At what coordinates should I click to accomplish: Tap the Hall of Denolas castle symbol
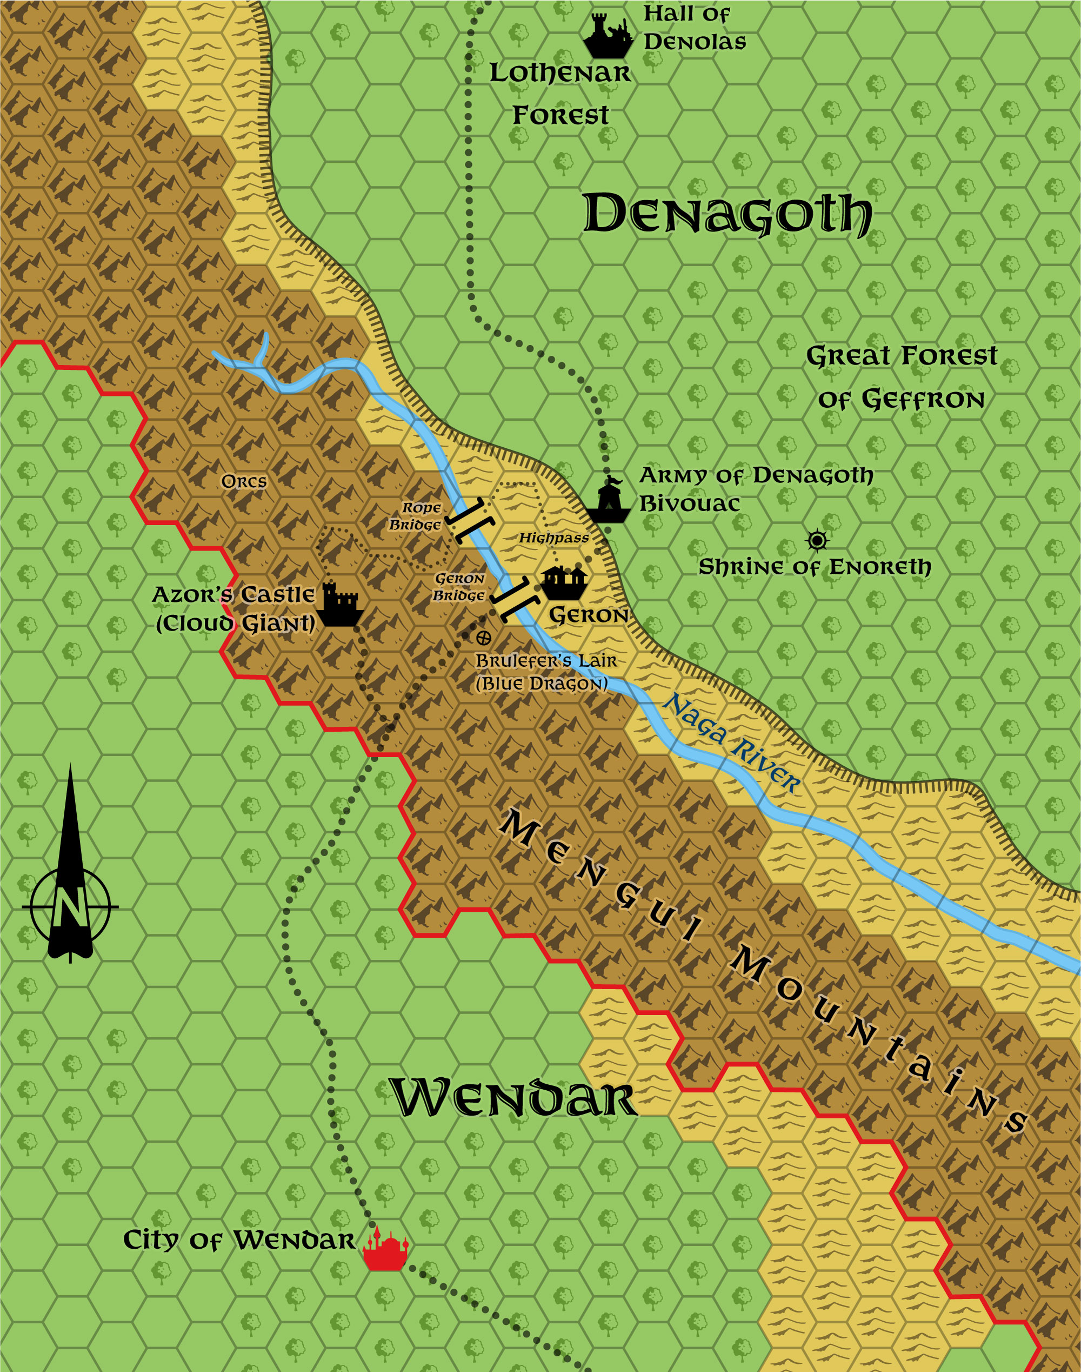[x=608, y=36]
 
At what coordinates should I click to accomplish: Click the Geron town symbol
[x=563, y=582]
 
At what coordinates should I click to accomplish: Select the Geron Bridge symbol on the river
[x=515, y=598]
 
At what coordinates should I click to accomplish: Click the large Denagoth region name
[x=726, y=214]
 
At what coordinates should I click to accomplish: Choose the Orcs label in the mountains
[x=244, y=482]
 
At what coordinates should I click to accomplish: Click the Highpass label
[x=554, y=538]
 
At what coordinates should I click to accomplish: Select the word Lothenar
[x=560, y=73]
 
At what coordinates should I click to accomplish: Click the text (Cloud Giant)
[x=236, y=624]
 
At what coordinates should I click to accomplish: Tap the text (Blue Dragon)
[x=542, y=684]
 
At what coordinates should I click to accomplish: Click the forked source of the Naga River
[x=259, y=357]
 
